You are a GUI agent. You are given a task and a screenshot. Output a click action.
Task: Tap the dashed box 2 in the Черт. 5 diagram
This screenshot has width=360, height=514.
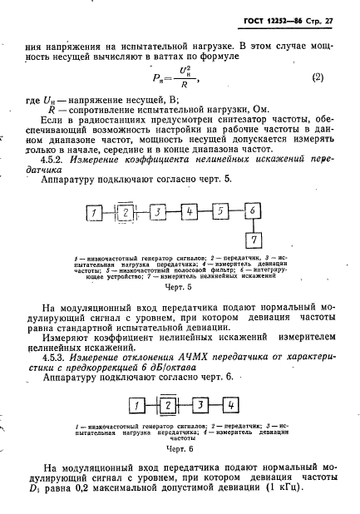pos(125,214)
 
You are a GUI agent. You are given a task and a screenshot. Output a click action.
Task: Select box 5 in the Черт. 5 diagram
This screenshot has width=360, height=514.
pos(220,213)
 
